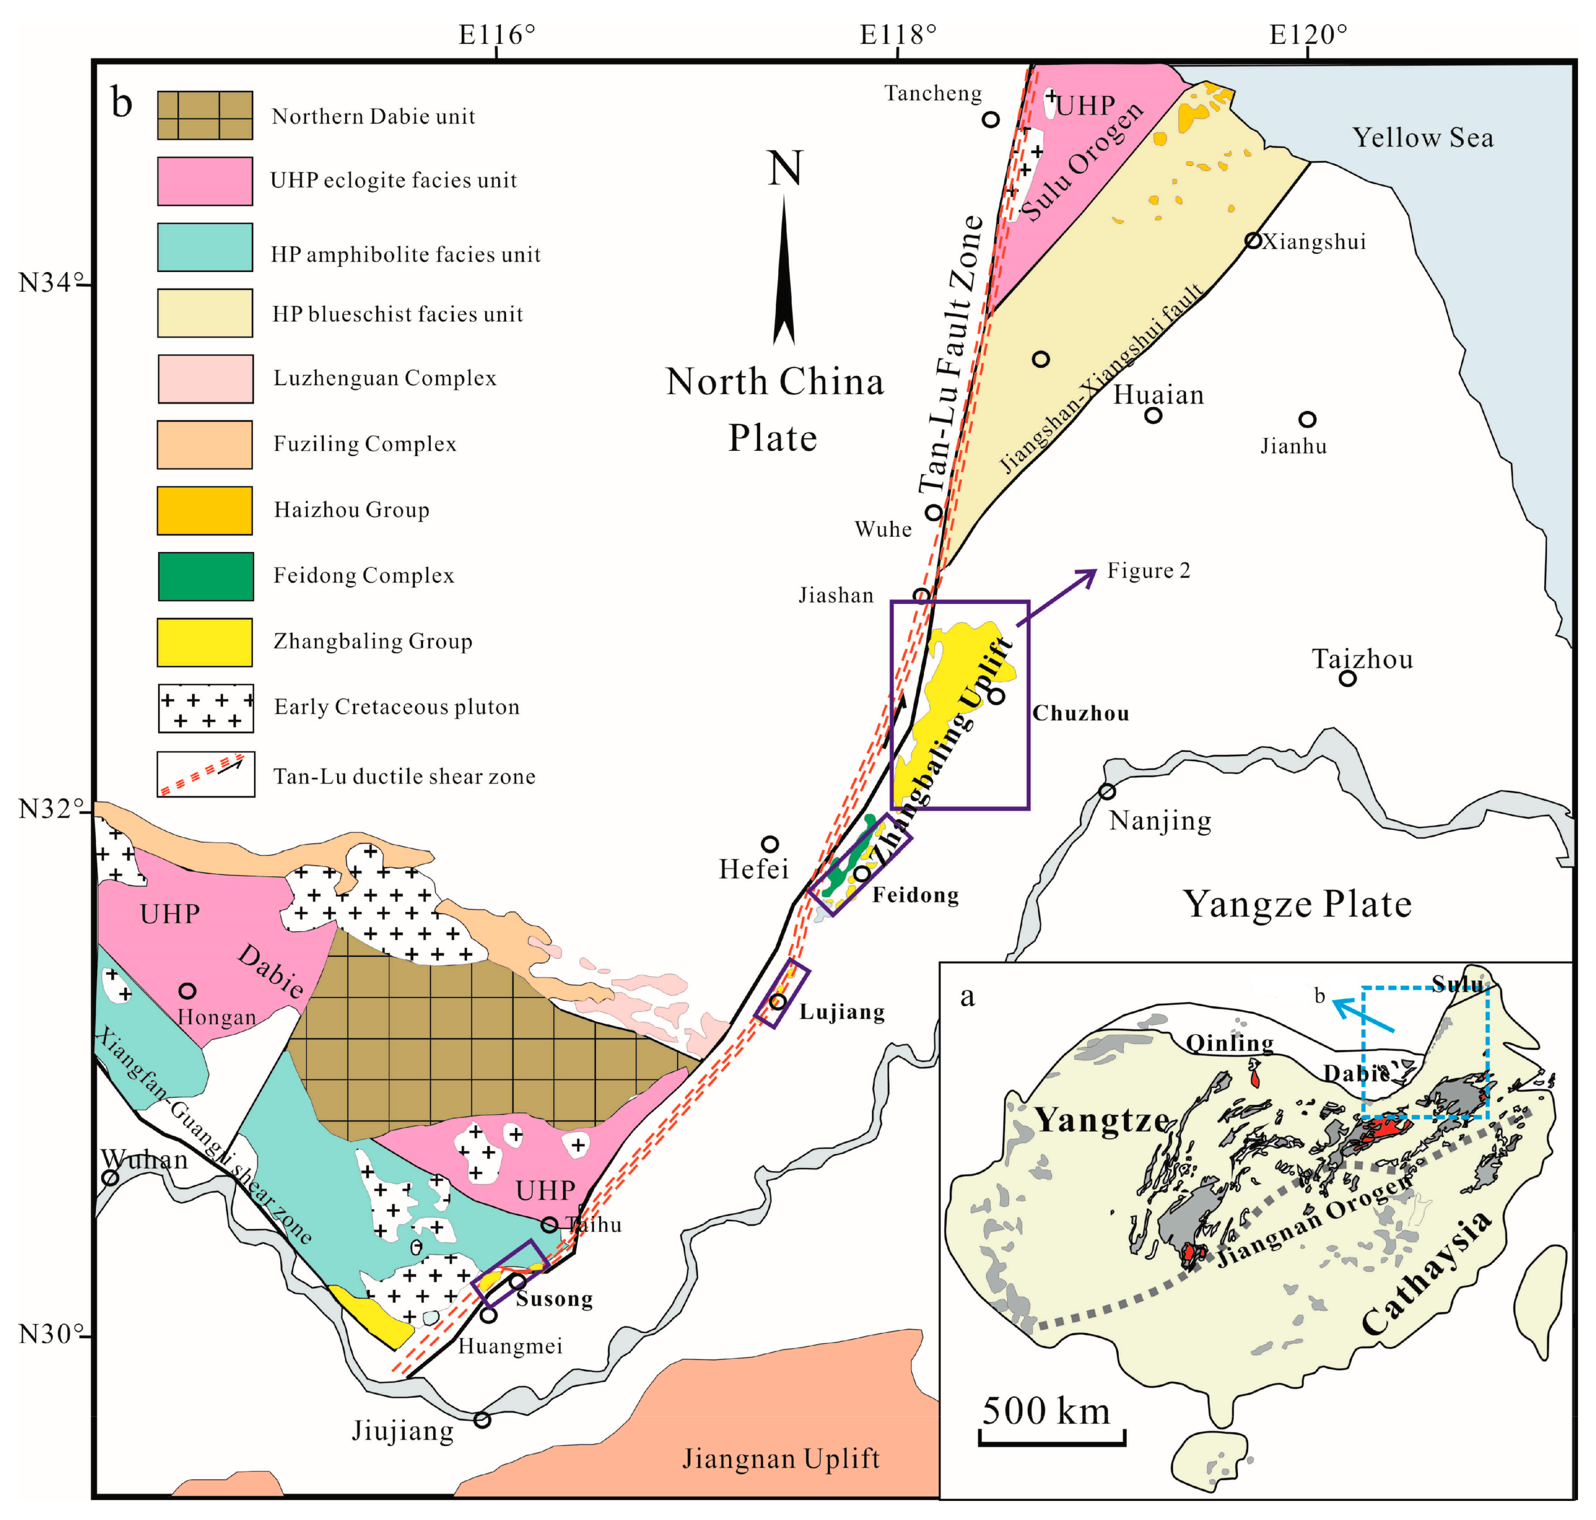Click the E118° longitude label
pyautogui.click(x=898, y=35)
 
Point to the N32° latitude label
pyautogui.click(x=50, y=809)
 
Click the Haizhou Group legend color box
pyautogui.click(x=205, y=510)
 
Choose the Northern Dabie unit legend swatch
pyautogui.click(x=205, y=115)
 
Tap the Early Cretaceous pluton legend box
pyautogui.click(x=205, y=708)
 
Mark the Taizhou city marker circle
pyautogui.click(x=1346, y=678)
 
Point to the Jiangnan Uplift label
pyautogui.click(x=780, y=1458)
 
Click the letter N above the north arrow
pyautogui.click(x=784, y=169)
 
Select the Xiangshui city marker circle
pyautogui.click(x=1253, y=241)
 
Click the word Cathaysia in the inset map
pyautogui.click(x=1426, y=1272)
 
